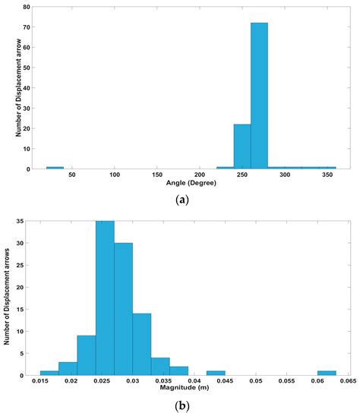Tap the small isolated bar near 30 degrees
coord(55,167)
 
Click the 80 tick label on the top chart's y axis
coord(27,7)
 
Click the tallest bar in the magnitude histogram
coord(105,298)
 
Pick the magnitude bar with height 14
coord(141,344)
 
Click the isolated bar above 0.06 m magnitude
coord(327,373)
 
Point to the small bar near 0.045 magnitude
coord(216,373)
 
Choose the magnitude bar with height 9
coord(86,355)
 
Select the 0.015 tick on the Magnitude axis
coord(41,381)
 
